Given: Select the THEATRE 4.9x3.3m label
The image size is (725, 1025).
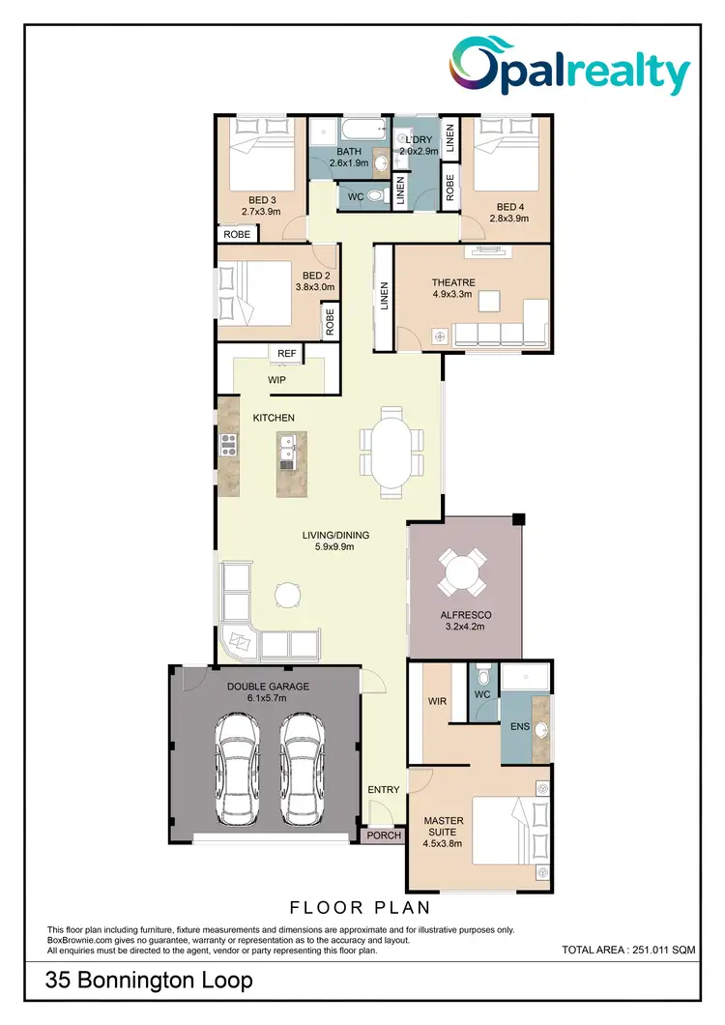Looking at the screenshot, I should point(452,288).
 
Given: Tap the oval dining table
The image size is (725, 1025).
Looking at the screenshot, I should point(391,449).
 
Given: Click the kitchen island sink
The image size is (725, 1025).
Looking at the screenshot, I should point(287,450).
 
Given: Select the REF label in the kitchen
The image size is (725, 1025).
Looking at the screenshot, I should point(286,354).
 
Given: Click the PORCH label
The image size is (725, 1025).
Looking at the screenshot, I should point(383,835).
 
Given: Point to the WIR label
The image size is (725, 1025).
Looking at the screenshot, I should point(437,701).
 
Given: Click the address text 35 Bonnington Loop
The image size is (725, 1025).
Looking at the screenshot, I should point(150,981).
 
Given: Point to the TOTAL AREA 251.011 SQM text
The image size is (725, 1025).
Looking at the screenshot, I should point(628,951).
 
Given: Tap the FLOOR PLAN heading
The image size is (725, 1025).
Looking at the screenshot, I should point(360,908).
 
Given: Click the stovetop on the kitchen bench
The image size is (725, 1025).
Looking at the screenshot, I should point(230,445).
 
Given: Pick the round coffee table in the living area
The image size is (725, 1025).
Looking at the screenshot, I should point(286,593).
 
